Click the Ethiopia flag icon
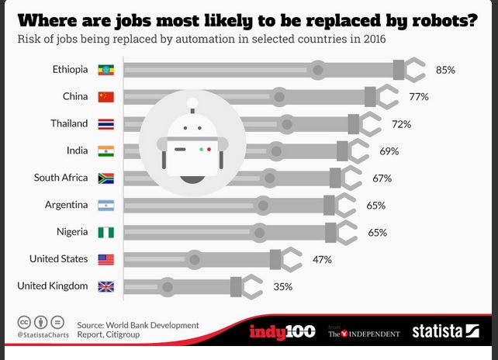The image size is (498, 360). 105,70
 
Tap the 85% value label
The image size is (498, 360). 444,70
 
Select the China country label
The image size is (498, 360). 75,97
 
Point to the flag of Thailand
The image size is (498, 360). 105,124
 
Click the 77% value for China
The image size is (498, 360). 419,97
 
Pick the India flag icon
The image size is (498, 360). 105,151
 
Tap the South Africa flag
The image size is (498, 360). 105,178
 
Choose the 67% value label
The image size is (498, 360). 382,178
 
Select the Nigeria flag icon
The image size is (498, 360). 105,232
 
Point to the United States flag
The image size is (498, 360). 105,259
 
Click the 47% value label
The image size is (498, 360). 322,259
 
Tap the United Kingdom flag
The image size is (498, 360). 105,286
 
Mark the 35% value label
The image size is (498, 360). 282,286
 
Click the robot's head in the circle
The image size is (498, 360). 186,140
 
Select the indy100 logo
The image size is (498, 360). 282,332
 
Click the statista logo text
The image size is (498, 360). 437,332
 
